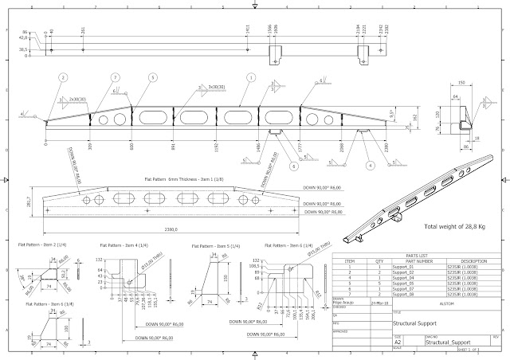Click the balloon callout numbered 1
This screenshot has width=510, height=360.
pos(251,78)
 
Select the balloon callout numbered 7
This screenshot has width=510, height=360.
pos(116,77)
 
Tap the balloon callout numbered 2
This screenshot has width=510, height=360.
pos(61,78)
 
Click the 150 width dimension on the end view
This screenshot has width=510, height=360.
pos(461,83)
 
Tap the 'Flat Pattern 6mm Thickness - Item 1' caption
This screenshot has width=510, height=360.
pos(175,180)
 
